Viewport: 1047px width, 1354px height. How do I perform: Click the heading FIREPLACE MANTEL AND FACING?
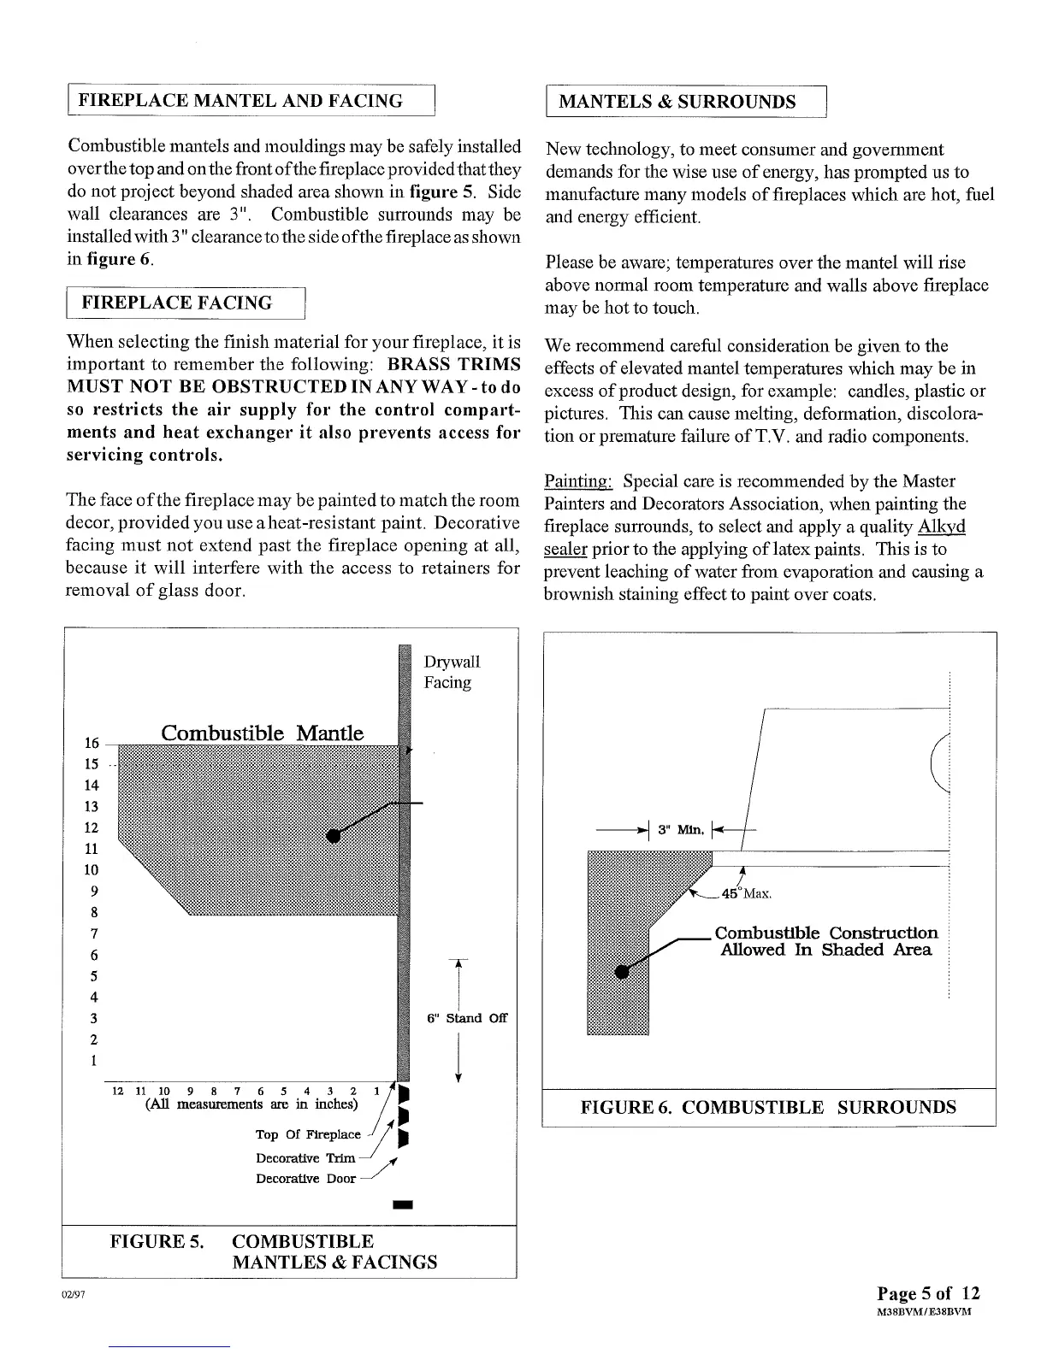pyautogui.click(x=240, y=101)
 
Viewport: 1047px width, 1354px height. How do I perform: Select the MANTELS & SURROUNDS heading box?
pyautogui.click(x=677, y=103)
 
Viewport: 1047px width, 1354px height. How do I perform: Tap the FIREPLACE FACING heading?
pyautogui.click(x=176, y=303)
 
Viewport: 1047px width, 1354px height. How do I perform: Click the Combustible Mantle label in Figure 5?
pyautogui.click(x=263, y=733)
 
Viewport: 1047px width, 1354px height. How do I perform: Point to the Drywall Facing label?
pyautogui.click(x=452, y=672)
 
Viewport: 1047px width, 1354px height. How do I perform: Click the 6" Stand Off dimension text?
pyautogui.click(x=467, y=1018)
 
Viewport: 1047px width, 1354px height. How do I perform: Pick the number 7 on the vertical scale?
pyautogui.click(x=93, y=933)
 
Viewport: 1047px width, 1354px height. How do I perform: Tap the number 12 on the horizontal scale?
pyautogui.click(x=118, y=1091)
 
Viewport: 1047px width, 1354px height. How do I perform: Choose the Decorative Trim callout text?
pyautogui.click(x=305, y=1158)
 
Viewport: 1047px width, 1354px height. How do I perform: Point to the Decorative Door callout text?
pyautogui.click(x=305, y=1179)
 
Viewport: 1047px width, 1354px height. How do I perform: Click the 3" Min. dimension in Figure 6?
pyautogui.click(x=681, y=829)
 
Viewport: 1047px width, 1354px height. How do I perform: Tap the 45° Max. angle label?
pyautogui.click(x=747, y=894)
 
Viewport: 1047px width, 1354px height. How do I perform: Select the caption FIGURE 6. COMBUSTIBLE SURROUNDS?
pyautogui.click(x=768, y=1108)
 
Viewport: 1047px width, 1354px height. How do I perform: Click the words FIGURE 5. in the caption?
pyautogui.click(x=157, y=1241)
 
